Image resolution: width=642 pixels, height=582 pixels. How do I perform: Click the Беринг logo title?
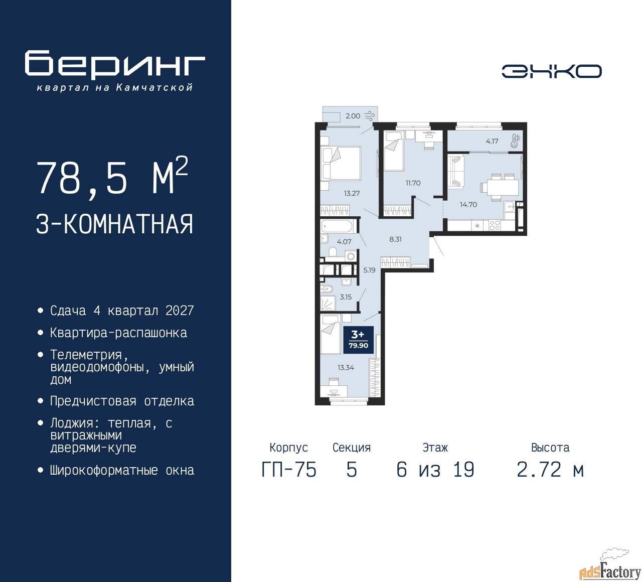(x=115, y=65)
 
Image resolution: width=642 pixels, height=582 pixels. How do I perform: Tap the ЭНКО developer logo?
(x=551, y=71)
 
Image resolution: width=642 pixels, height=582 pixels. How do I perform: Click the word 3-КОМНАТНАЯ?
(x=114, y=224)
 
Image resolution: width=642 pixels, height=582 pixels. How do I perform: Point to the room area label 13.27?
(x=352, y=193)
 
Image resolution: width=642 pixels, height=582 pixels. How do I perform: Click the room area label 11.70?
(x=413, y=183)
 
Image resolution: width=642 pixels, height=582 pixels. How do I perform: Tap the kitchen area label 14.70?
(x=468, y=205)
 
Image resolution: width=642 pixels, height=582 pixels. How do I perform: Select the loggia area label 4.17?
(x=492, y=141)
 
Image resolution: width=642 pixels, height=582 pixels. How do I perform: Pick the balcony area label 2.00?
(x=353, y=116)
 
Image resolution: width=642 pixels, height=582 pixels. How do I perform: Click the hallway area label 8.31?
(x=395, y=239)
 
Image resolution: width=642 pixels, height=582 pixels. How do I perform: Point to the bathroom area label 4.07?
(x=344, y=242)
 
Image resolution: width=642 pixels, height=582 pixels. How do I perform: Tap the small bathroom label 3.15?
(x=346, y=297)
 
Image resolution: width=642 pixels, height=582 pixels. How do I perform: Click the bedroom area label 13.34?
(x=346, y=367)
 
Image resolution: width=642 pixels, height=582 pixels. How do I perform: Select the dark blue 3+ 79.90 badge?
(x=359, y=340)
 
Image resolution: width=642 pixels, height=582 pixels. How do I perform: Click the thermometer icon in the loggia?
(x=515, y=141)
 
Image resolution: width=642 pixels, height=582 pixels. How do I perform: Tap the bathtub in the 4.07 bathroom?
(x=338, y=227)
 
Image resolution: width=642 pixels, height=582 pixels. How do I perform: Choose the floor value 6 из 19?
(x=435, y=470)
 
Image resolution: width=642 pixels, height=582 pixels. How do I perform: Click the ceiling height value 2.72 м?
(x=550, y=470)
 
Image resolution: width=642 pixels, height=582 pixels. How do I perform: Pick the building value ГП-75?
(x=289, y=470)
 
